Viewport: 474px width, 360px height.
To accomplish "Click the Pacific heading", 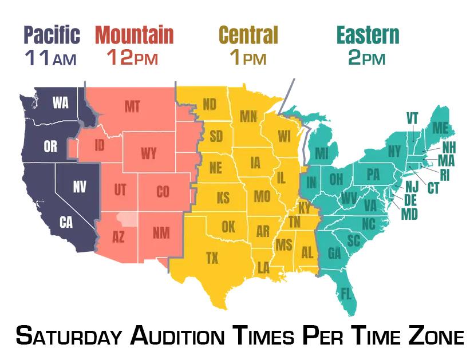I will (x=52, y=35).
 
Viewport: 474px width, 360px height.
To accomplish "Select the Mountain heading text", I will (x=135, y=35).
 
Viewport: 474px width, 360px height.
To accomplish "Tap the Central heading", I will (x=248, y=35).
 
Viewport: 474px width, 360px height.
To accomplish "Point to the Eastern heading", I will (x=368, y=35).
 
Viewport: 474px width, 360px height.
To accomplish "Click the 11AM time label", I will (x=51, y=58).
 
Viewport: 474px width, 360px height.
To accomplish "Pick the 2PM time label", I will (x=366, y=58).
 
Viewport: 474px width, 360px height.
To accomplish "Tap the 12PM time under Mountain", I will (x=132, y=58).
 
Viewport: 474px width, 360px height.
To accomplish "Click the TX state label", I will (x=212, y=258).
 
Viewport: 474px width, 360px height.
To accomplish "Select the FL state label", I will (x=346, y=294).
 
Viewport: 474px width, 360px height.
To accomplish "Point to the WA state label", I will (x=60, y=103).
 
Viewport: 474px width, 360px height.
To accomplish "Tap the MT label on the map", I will (x=132, y=106).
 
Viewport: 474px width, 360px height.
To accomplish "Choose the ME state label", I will (x=440, y=127).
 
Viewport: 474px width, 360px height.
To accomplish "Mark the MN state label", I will (x=248, y=117).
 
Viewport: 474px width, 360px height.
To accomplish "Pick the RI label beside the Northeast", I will (x=444, y=175).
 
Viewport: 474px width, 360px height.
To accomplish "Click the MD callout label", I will (x=409, y=215).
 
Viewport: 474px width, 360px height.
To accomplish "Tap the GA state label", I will (x=334, y=252).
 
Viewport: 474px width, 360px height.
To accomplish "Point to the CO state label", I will (x=163, y=192).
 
